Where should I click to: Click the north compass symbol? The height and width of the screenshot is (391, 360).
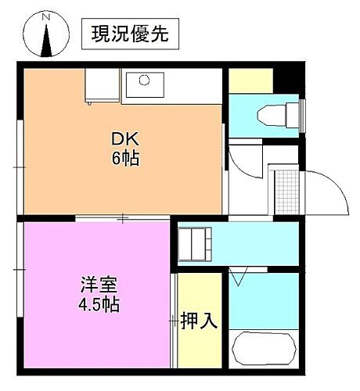[46, 37]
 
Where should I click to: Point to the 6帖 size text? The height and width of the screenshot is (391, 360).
[125, 159]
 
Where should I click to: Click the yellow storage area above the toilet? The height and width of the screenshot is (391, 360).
[250, 81]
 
